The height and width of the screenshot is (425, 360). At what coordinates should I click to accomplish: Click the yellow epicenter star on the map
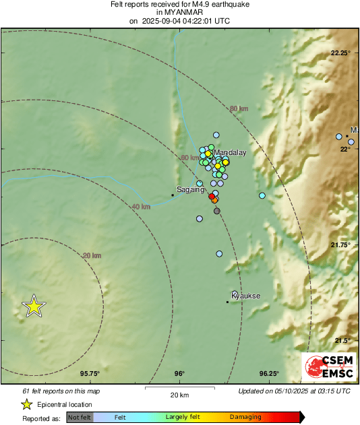coord(34,306)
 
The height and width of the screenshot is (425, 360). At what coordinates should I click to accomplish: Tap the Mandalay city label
coord(230,153)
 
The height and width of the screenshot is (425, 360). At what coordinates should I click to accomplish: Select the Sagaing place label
coord(190,190)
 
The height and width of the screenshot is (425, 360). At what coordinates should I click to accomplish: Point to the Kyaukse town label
coord(245,296)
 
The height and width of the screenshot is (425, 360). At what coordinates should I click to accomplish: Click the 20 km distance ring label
coord(92,255)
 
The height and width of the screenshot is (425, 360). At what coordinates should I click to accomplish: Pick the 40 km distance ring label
coord(141,206)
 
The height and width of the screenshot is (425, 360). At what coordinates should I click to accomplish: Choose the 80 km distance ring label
coord(239,108)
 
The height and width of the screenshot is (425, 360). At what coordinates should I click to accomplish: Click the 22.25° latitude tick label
coord(340,53)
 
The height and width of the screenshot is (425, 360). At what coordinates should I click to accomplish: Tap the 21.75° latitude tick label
coord(340,244)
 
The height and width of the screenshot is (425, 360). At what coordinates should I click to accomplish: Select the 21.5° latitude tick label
coord(342,340)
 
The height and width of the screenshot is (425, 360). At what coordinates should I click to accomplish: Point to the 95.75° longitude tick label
coord(90,374)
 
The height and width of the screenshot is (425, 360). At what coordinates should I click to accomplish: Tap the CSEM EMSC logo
coord(328,368)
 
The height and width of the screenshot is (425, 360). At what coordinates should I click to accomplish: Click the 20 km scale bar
coord(179,388)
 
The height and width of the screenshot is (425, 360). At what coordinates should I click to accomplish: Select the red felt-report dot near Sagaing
coord(212,197)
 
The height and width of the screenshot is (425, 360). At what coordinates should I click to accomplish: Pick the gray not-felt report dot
coord(217,211)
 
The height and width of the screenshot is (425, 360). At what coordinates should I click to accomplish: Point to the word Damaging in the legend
coord(245,418)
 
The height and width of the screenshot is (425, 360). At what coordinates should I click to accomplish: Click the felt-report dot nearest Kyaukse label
coord(235,293)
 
